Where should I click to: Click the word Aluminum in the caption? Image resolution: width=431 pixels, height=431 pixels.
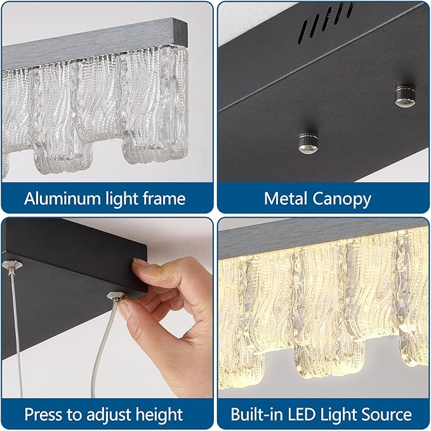[x=62, y=199]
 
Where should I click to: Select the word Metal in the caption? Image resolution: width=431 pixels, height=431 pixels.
[x=286, y=199]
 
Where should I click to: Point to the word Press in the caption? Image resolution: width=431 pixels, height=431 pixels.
[x=44, y=414]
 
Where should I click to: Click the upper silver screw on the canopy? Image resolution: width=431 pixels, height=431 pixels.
[x=405, y=95]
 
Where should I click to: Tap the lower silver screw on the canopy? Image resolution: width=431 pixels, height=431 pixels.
[x=308, y=142]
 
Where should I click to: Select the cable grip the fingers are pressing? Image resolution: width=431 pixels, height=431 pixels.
[x=117, y=296]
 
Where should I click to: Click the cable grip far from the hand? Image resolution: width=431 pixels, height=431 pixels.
[x=12, y=265]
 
